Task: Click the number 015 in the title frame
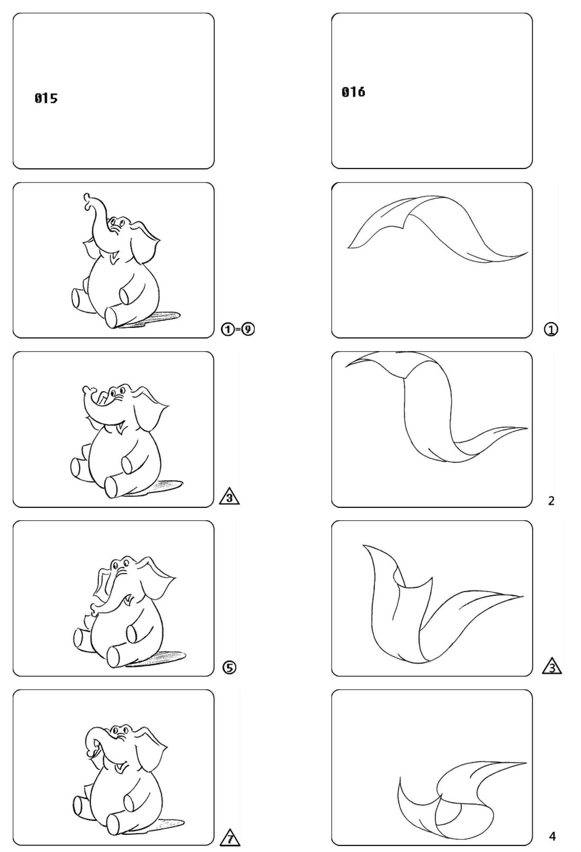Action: point(46,98)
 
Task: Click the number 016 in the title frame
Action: point(353,92)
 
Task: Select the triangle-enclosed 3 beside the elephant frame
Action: point(229,498)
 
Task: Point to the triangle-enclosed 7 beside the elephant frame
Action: point(230,836)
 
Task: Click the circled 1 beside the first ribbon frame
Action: point(551,330)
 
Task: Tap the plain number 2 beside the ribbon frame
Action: point(551,501)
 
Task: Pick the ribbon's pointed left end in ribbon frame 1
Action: point(348,248)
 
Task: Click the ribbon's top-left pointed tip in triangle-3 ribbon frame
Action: point(363,546)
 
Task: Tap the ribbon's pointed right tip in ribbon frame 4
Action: point(525,763)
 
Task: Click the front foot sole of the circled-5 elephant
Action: point(112,658)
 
